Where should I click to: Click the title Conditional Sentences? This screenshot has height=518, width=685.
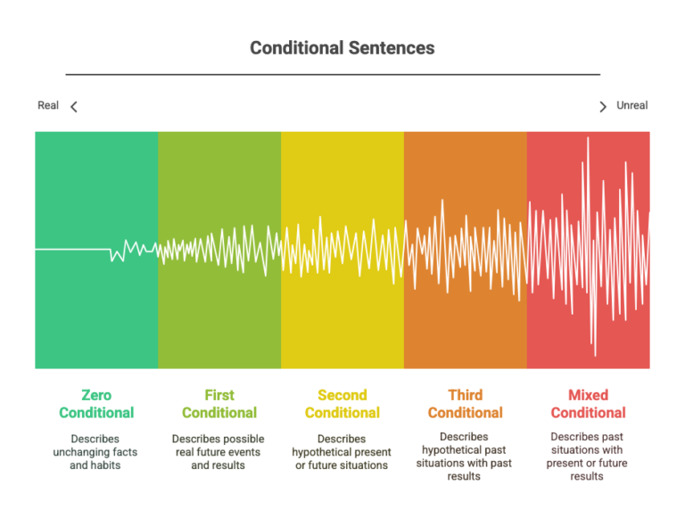(x=342, y=48)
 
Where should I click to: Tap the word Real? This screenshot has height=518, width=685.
(x=48, y=105)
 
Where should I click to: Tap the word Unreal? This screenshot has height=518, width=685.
(x=631, y=105)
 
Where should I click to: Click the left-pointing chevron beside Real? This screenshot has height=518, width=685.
(x=74, y=107)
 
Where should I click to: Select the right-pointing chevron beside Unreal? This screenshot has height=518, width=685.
(x=603, y=107)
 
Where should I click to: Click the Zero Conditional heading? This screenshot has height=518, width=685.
(x=96, y=404)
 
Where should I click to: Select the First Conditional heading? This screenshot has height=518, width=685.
(x=219, y=404)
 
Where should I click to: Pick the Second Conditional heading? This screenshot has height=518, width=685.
(x=342, y=404)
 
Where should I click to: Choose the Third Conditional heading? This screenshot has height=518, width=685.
(x=466, y=404)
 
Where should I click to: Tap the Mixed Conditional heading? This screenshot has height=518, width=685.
(x=588, y=404)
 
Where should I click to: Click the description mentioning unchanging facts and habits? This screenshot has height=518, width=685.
(x=95, y=452)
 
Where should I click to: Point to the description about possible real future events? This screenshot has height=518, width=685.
(x=218, y=452)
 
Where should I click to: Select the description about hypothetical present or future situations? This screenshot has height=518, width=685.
(x=342, y=452)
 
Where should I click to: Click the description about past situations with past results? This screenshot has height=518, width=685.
(x=464, y=456)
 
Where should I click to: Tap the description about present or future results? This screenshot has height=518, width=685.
(x=587, y=456)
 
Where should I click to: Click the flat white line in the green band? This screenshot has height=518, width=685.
(x=72, y=250)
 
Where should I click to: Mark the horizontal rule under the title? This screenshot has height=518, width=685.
(x=333, y=75)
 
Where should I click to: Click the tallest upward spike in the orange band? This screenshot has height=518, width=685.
(x=442, y=201)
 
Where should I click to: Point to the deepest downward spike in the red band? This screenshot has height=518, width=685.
(x=595, y=355)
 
